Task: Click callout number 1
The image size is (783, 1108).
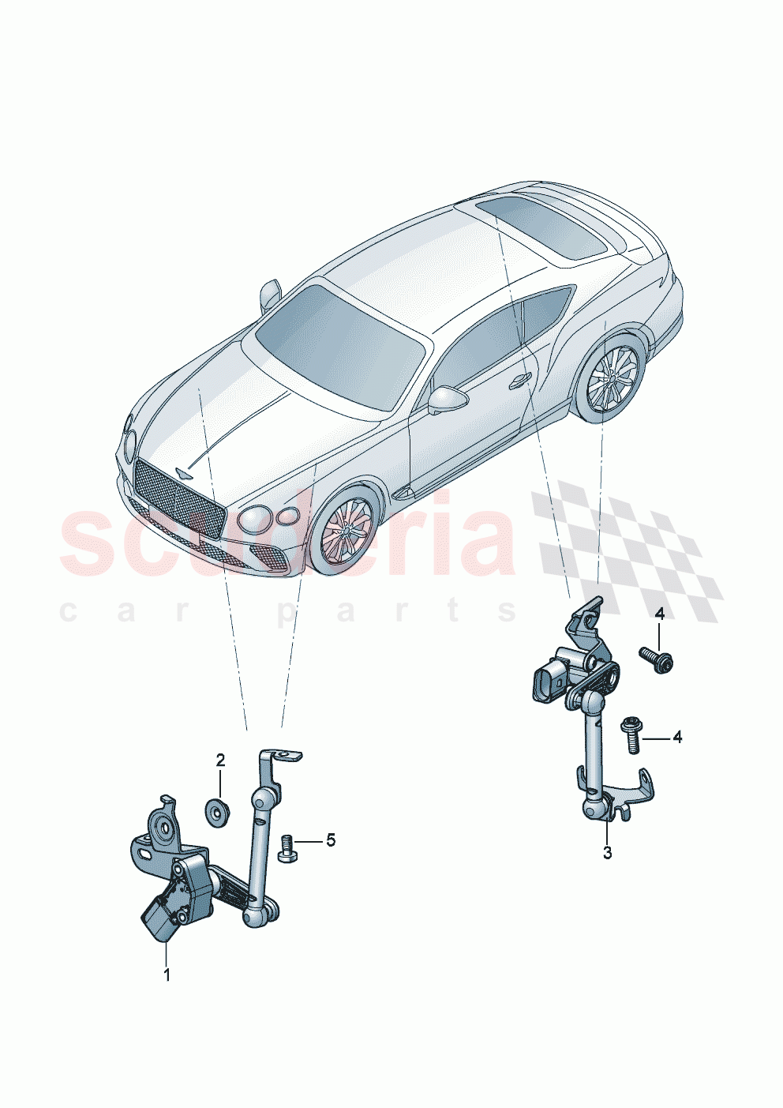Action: (167, 975)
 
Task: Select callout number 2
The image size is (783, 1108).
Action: (221, 761)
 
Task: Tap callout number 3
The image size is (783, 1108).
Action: (607, 853)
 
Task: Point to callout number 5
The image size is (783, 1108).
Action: (331, 840)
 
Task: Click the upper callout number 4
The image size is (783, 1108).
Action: (659, 614)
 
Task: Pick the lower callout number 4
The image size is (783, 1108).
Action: (676, 738)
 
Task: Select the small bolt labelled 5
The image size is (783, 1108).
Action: (286, 848)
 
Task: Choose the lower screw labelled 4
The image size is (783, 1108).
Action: (632, 732)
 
